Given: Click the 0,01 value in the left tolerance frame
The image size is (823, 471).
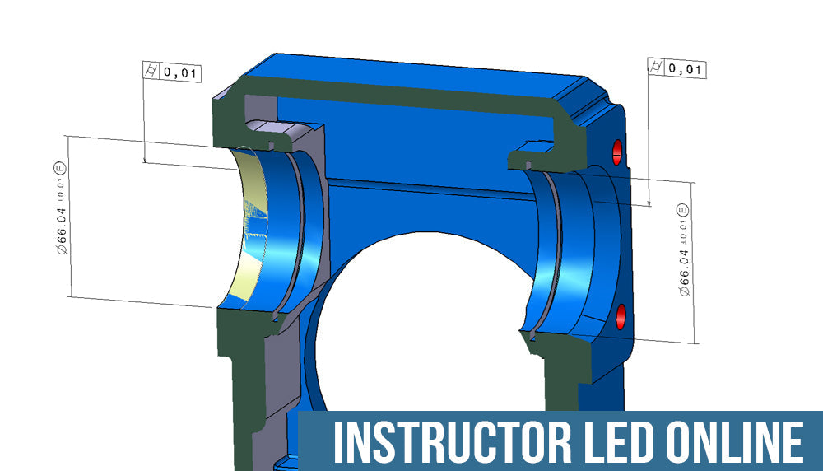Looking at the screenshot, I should click(x=179, y=73).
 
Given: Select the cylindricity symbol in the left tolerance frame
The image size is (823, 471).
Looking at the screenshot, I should click(x=151, y=73).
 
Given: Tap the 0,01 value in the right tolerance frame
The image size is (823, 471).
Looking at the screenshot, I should click(x=686, y=69).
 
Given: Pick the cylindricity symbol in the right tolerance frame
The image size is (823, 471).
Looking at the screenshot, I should click(x=656, y=68).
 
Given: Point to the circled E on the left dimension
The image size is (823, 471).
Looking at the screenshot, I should click(x=60, y=168).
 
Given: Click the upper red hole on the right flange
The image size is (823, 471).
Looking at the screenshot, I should click(x=617, y=149).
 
